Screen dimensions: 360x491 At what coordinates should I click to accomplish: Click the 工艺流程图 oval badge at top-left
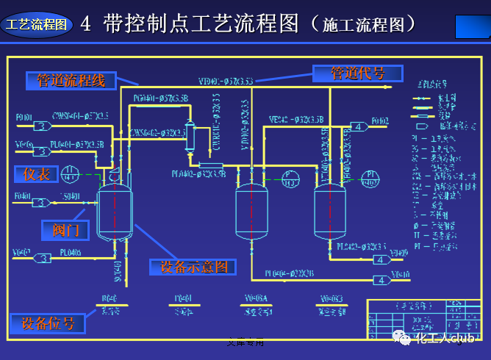point(36,24)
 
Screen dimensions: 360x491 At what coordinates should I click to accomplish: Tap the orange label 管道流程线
point(71,80)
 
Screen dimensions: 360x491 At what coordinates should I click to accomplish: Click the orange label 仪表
point(36,174)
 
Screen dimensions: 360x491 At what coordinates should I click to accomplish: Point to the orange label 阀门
point(65,230)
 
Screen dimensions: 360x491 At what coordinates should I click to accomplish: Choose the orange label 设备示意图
point(193,267)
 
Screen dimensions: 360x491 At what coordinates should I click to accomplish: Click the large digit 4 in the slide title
point(85,24)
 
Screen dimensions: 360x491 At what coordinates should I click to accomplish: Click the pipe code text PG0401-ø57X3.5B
point(161,98)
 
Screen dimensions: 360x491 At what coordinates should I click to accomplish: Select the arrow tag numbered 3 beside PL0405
point(44,258)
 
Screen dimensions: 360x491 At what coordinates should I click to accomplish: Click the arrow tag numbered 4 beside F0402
point(359,126)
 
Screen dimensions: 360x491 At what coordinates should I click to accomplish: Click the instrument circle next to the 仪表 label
point(71,174)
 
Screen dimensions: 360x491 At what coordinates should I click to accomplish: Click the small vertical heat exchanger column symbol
point(189,136)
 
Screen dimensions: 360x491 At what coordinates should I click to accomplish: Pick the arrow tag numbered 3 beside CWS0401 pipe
point(43,126)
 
